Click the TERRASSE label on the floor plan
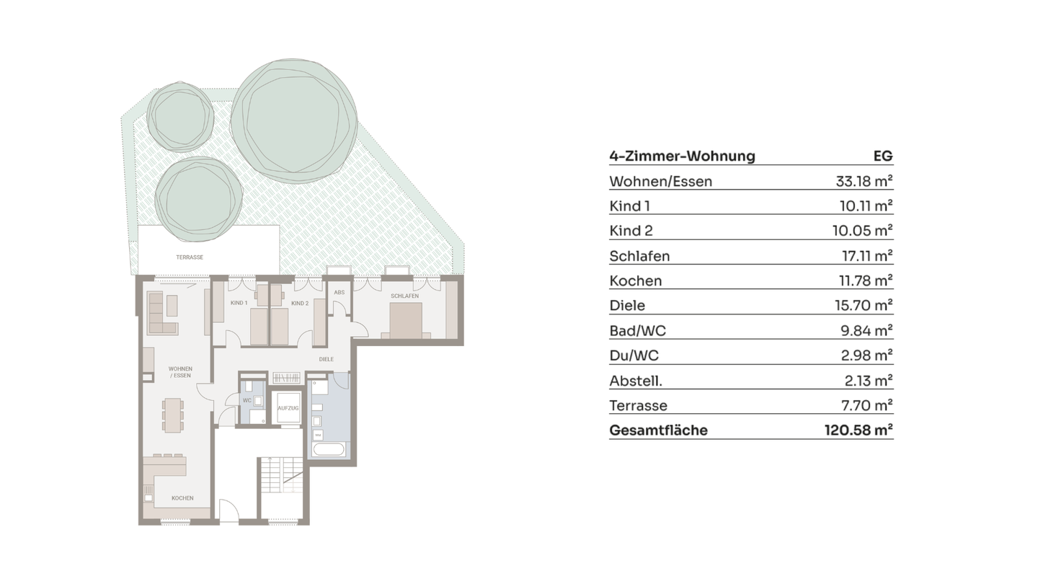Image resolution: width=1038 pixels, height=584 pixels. tap(190, 257)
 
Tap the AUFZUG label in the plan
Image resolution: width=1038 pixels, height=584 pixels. tap(288, 409)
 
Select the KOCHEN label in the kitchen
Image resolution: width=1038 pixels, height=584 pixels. tap(182, 498)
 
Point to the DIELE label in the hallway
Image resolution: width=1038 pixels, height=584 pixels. tap(327, 358)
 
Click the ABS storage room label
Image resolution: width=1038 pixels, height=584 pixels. tap(339, 293)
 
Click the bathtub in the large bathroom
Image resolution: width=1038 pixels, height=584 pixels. tap(329, 451)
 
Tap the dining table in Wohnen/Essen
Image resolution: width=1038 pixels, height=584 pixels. tap(172, 415)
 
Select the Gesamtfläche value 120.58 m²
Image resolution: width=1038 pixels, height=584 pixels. tap(859, 430)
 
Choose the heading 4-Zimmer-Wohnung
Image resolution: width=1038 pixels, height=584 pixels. tap(682, 156)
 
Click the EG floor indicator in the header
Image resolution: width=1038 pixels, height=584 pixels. tap(882, 156)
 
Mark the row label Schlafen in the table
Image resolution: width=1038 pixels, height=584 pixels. tap(639, 256)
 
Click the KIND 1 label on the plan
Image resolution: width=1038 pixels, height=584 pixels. tap(239, 304)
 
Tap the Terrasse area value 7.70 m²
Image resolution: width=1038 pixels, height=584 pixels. tap(867, 405)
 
